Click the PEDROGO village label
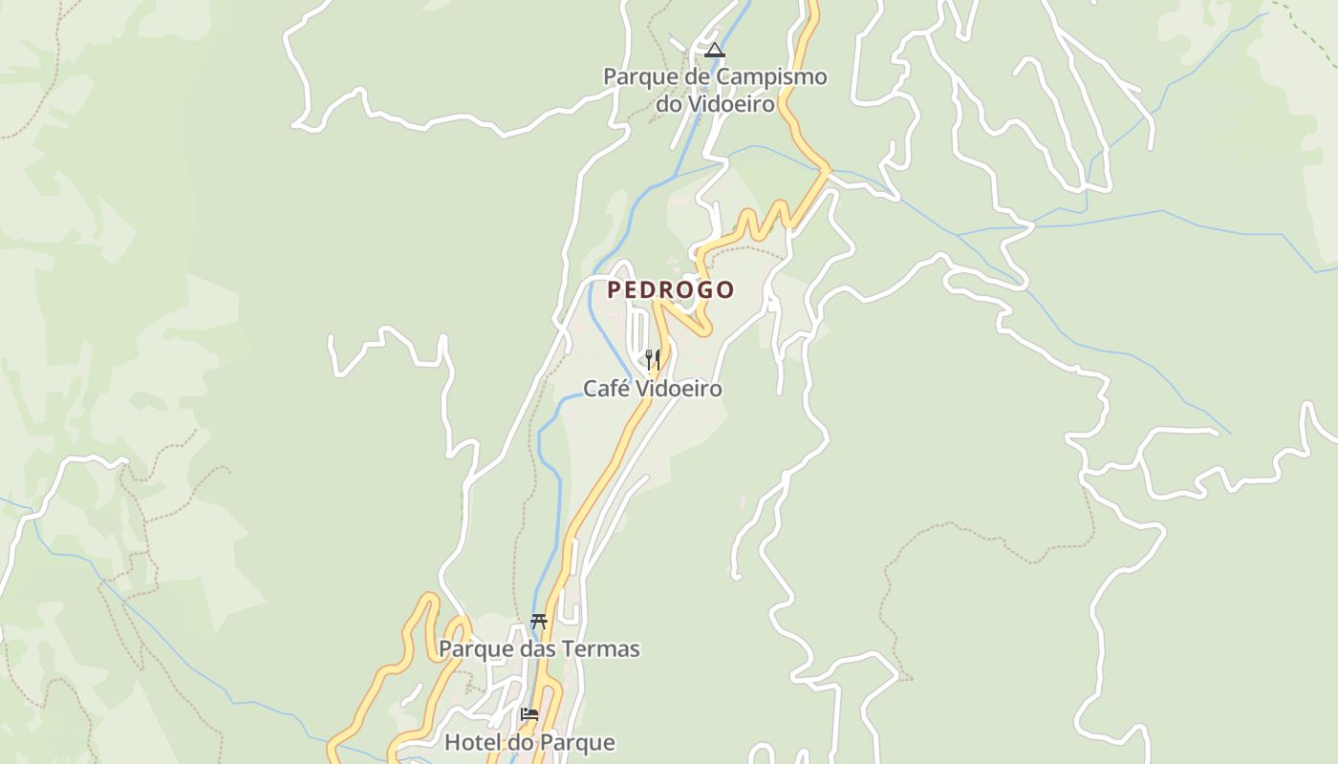[671, 289]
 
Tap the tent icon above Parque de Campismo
[714, 50]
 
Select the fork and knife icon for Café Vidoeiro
[653, 360]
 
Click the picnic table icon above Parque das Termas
[539, 622]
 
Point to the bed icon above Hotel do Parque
[529, 713]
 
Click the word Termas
[603, 649]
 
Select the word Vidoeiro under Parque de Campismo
[728, 103]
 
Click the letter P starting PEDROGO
[615, 289]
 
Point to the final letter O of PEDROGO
[725, 289]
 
